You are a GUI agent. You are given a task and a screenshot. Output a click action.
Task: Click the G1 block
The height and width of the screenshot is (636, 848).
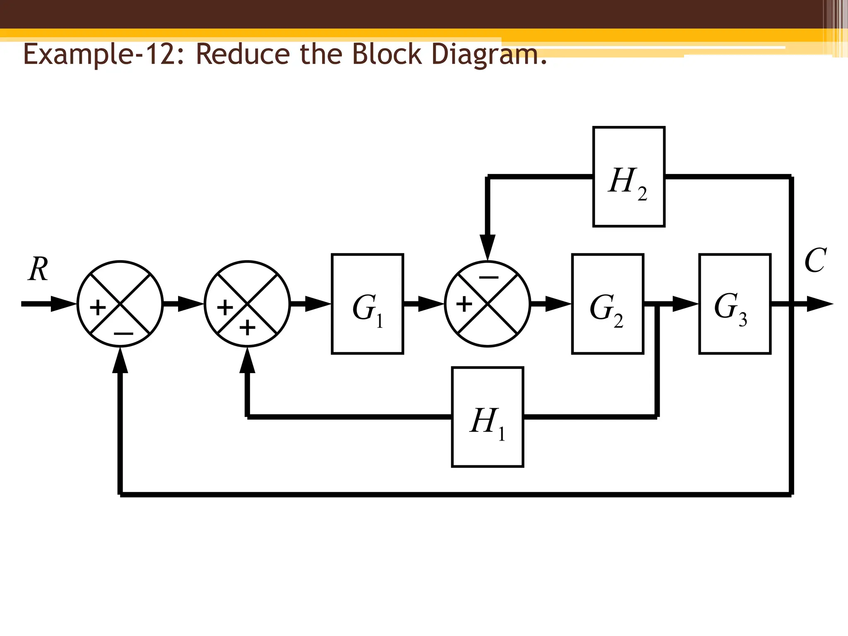(367, 304)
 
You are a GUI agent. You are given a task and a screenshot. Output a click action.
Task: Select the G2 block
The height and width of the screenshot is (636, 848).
(607, 304)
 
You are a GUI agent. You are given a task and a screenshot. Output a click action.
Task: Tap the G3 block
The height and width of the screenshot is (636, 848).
(735, 304)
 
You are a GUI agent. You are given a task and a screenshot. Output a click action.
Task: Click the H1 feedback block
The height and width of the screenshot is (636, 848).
(487, 417)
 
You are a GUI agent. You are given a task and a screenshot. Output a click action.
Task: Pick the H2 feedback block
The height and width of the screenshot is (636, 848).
(629, 177)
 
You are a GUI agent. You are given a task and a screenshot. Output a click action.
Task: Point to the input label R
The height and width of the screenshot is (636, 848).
(38, 269)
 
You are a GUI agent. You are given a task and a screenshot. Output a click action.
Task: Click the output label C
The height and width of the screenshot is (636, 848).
(815, 260)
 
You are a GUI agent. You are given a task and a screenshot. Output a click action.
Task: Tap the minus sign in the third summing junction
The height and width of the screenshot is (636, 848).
(489, 277)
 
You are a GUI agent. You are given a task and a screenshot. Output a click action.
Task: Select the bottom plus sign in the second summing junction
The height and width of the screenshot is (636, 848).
(248, 328)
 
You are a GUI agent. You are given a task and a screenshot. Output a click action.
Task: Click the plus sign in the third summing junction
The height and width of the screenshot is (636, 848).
(464, 304)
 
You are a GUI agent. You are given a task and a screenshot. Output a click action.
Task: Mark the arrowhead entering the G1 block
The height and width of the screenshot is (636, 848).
(318, 304)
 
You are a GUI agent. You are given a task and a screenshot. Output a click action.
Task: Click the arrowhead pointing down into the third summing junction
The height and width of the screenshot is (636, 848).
(487, 247)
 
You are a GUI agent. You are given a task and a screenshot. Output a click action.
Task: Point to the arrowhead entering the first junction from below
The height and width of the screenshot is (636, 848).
(120, 360)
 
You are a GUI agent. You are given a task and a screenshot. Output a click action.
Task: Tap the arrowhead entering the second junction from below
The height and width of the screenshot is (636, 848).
(247, 360)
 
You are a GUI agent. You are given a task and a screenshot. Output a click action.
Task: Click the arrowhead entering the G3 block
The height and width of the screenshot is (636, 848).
(685, 304)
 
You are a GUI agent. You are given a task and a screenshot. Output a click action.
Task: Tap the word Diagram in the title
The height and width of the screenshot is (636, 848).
(489, 55)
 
